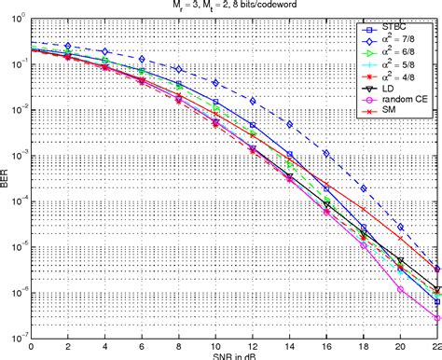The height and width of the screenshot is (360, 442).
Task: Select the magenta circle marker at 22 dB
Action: [x=436, y=318]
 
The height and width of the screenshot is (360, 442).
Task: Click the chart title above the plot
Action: [x=233, y=7]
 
